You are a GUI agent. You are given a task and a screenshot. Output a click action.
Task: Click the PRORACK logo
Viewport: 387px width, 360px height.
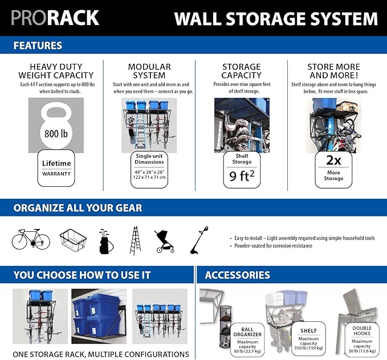(x=55, y=18)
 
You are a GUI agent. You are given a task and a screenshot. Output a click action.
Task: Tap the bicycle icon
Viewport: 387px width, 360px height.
(x=31, y=239)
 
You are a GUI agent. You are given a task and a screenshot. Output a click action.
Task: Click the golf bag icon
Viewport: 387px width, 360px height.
(x=106, y=242)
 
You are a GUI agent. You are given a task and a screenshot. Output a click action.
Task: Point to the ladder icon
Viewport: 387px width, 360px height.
(x=135, y=240)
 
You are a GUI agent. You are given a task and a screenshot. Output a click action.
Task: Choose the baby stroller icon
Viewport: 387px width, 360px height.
(x=164, y=242)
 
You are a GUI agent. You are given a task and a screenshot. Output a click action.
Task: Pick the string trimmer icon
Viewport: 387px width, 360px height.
(x=199, y=240)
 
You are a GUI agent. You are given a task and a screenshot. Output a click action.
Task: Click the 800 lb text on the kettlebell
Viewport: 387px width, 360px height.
(x=56, y=134)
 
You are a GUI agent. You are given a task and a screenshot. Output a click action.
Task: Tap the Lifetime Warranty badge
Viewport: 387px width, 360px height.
(x=56, y=168)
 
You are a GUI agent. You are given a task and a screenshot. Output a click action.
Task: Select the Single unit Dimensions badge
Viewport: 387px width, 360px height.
(x=149, y=170)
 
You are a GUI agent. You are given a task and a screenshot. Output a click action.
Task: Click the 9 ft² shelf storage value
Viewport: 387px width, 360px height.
(x=242, y=175)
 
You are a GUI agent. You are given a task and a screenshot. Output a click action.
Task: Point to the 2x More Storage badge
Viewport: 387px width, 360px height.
(x=333, y=170)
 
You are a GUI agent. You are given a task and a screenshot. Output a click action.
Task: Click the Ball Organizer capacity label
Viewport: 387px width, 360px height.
(x=247, y=339)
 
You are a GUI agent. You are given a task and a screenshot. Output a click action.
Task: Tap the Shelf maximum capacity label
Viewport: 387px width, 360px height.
(x=308, y=339)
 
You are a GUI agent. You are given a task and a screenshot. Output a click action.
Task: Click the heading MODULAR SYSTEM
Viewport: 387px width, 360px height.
(x=149, y=71)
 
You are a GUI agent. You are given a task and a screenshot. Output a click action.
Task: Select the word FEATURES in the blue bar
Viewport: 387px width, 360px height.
(x=38, y=46)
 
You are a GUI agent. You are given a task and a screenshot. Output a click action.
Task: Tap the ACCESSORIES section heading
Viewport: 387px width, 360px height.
(x=238, y=275)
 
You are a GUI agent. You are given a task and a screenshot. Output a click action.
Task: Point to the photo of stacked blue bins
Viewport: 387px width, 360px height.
(x=99, y=316)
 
